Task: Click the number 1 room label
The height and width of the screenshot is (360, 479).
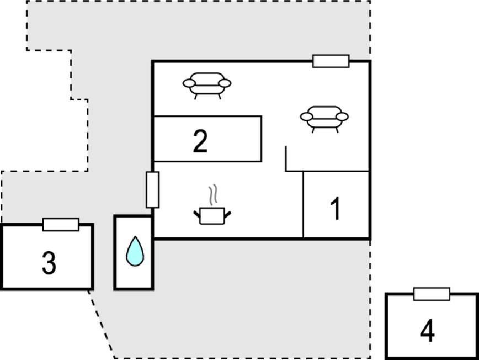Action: [336, 208]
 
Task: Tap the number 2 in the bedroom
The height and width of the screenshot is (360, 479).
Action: [200, 141]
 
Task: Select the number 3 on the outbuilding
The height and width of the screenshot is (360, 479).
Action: [49, 263]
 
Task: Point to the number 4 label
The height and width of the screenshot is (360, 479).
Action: [427, 330]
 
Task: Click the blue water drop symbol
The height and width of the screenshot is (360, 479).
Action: [135, 251]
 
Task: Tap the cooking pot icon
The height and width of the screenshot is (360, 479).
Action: [212, 216]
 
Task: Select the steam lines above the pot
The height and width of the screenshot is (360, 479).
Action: [213, 194]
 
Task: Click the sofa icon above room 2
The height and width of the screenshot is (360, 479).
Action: [207, 86]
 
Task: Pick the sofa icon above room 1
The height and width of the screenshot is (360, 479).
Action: [324, 119]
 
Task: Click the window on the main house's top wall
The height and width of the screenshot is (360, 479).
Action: [331, 61]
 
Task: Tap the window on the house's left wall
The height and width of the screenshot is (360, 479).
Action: [152, 190]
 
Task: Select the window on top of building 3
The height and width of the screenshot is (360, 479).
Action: [61, 225]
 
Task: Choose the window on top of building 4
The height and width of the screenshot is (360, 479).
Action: [432, 294]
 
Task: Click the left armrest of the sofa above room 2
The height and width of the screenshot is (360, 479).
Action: [189, 83]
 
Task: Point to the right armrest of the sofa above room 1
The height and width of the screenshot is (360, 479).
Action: [342, 117]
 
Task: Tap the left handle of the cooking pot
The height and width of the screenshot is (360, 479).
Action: [196, 214]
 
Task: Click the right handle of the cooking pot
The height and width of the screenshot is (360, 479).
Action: [228, 214]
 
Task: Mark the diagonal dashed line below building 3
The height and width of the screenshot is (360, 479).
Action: [102, 324]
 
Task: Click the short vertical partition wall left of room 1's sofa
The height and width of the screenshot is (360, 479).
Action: [286, 158]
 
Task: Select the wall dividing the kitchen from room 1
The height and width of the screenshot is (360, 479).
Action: [303, 204]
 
